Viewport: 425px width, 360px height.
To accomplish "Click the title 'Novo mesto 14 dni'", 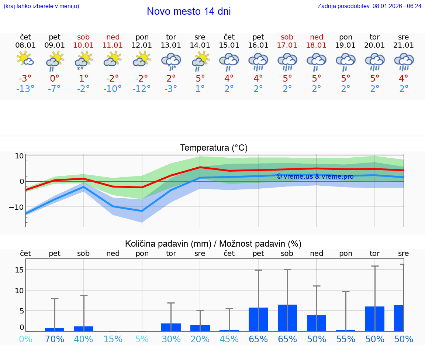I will click(x=189, y=11).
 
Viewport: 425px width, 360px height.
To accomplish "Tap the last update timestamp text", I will click(x=369, y=6).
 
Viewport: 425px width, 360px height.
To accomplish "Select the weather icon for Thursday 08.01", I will click(x=25, y=59).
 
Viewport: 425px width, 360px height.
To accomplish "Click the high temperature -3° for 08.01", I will click(x=25, y=79).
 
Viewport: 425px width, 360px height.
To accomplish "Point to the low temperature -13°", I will click(x=25, y=89).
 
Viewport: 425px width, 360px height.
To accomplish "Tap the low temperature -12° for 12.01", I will click(x=142, y=89).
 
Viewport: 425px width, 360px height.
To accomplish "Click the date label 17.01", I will click(x=287, y=45).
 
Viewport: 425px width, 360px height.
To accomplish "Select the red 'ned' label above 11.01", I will click(x=113, y=37).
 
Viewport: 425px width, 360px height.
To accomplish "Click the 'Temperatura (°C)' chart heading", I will click(x=214, y=148).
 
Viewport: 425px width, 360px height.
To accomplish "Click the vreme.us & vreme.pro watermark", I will click(x=315, y=176).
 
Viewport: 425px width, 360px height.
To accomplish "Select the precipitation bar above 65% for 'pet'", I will click(x=258, y=319).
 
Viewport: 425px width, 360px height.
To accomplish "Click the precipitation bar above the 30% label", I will click(x=171, y=327).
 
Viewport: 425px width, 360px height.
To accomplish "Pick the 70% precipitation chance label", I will click(x=55, y=339).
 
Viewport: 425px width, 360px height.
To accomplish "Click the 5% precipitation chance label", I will click(x=142, y=339).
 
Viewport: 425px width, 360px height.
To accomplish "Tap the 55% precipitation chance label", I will click(x=346, y=339).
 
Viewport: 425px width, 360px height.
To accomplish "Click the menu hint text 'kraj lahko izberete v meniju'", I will click(x=41, y=6).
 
